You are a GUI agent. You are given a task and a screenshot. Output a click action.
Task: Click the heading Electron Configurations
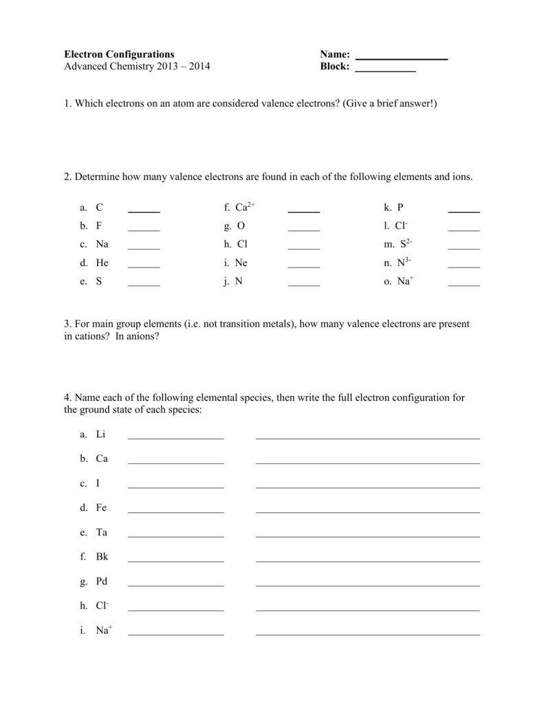(x=119, y=54)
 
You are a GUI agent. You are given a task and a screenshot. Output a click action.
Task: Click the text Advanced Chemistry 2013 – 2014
(x=137, y=67)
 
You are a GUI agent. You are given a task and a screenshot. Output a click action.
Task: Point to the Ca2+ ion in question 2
(x=245, y=206)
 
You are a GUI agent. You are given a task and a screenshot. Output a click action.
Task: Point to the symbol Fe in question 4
(x=102, y=507)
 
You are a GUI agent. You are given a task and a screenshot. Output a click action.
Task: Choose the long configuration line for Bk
(x=367, y=561)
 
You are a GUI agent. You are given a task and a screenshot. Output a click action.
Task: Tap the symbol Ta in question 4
(x=102, y=532)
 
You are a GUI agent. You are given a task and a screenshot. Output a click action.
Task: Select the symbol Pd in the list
(x=102, y=581)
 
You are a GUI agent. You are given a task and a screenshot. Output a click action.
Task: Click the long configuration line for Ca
(x=367, y=462)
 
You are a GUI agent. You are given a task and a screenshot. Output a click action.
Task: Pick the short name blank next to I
(x=176, y=487)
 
